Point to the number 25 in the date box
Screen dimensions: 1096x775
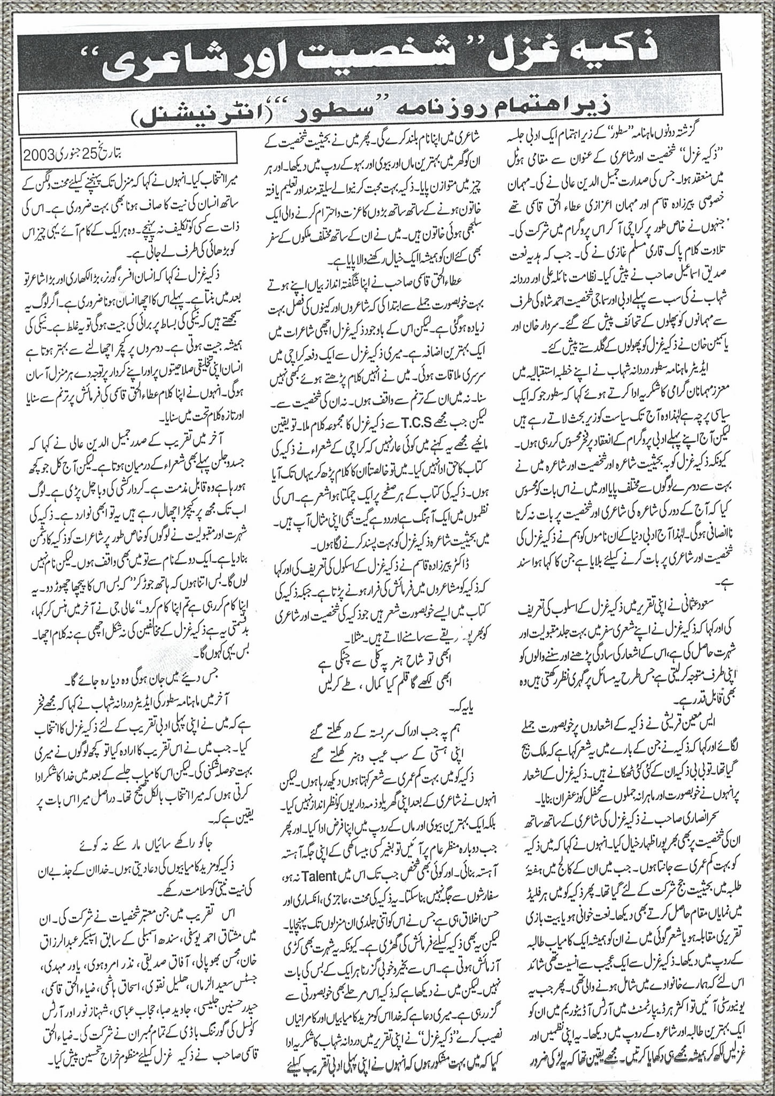(94, 158)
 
